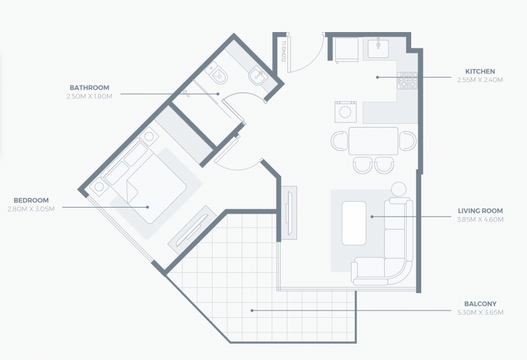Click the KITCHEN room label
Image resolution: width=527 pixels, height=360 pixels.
click(x=480, y=71)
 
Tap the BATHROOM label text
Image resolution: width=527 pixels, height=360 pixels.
click(x=89, y=88)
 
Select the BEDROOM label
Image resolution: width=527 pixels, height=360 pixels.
click(x=31, y=200)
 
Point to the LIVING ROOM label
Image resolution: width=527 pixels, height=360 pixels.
click(x=480, y=211)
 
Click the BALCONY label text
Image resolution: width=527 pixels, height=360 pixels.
click(x=480, y=304)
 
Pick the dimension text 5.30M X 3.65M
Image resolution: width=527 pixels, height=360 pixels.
click(x=480, y=313)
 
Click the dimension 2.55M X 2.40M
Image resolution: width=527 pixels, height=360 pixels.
click(x=480, y=80)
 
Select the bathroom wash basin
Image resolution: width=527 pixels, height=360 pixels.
click(x=258, y=77)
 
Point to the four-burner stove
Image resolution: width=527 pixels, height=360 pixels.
click(x=407, y=80)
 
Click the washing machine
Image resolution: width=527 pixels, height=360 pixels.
click(x=345, y=112)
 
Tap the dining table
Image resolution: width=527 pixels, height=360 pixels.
click(x=373, y=141)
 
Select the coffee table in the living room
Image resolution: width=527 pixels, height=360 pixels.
click(x=354, y=223)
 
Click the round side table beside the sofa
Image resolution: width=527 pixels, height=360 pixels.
click(x=399, y=190)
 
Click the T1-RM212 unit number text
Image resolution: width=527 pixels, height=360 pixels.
click(x=283, y=51)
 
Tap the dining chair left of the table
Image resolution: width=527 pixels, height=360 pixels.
click(x=340, y=141)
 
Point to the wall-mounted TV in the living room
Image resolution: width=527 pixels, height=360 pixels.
click(x=289, y=213)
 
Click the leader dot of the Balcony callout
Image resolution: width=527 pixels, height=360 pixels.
click(x=252, y=310)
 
